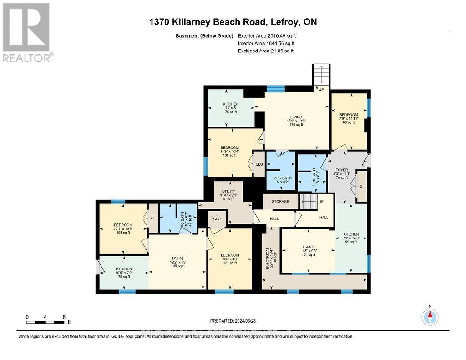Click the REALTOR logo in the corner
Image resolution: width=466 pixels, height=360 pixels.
[27, 32]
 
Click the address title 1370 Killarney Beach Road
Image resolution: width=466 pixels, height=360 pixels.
[233, 22]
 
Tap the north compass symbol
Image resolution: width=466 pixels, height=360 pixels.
[430, 316]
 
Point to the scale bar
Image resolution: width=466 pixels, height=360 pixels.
[46, 322]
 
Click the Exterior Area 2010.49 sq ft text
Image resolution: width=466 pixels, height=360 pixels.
[270, 35]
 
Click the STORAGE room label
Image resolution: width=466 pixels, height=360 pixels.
[280, 201]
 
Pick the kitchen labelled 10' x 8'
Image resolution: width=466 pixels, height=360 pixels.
[231, 107]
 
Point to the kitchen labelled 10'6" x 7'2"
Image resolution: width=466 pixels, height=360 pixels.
[123, 273]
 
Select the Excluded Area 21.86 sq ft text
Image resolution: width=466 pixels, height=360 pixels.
[266, 51]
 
